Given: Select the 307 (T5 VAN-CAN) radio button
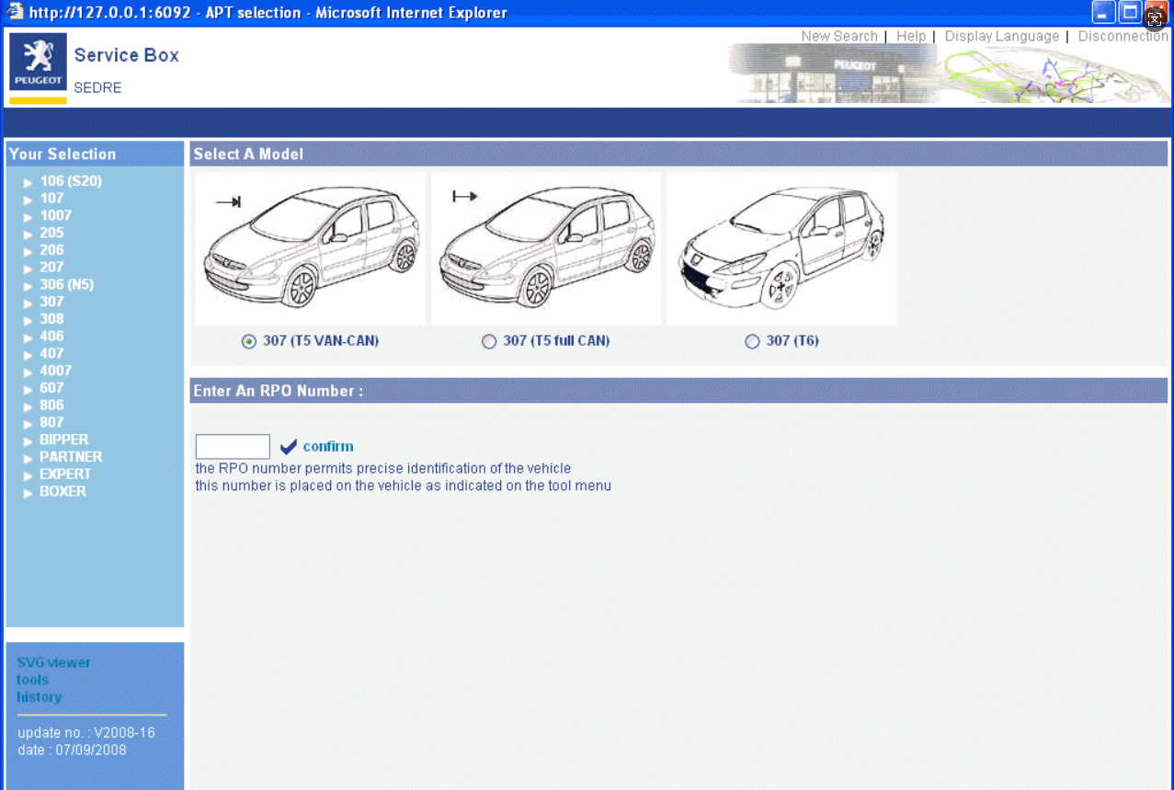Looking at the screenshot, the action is pos(249,341).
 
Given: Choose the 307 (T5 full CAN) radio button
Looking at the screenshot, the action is pos(489,341).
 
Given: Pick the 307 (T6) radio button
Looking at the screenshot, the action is pos(752,341).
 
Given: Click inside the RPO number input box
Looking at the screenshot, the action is pos(233,446).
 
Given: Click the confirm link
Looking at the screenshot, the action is pos(328,446).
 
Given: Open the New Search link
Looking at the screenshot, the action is pos(839,36).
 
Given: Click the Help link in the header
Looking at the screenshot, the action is pos(911,36).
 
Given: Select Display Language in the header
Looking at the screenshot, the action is pos(1001,36).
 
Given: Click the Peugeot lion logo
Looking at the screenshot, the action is pos(38,62).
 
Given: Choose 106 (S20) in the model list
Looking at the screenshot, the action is pos(71,181).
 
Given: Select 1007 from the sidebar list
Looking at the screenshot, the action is pos(55,215).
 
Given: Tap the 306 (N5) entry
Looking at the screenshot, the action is pos(66,285).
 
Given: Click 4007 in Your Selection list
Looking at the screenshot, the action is pos(55,371).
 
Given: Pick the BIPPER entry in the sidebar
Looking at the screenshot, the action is pos(64,440).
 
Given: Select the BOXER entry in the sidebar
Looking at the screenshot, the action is pos(63,491).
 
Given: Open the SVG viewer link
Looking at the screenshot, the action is pos(53,662).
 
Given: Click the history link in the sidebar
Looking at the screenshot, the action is pos(40,697).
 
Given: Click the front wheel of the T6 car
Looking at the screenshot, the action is pos(780,286).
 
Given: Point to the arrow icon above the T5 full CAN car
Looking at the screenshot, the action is pos(465,197).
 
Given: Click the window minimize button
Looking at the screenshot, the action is pos(1102,13).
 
